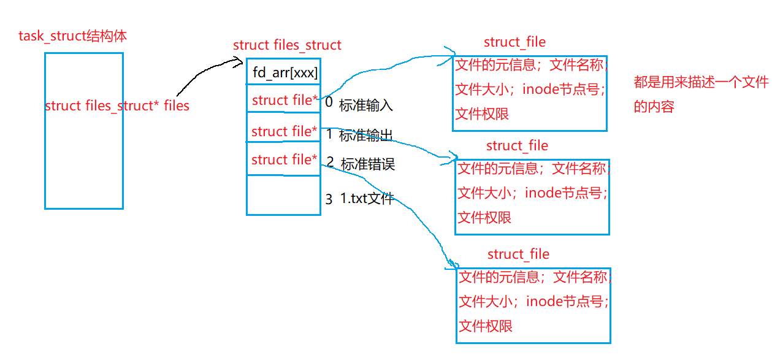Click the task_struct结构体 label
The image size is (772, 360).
(73, 36)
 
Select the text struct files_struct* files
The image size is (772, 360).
(117, 106)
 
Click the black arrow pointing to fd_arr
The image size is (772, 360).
(202, 77)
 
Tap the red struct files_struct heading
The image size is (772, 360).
(287, 45)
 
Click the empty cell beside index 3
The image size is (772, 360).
(283, 195)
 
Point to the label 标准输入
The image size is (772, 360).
(365, 105)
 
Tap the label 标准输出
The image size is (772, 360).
(365, 136)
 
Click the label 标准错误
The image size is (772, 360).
(367, 164)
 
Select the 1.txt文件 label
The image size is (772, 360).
(367, 199)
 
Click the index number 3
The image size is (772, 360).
(329, 199)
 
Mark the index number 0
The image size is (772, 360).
(329, 102)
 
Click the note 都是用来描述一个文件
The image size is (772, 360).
(701, 83)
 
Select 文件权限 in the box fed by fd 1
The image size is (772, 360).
(484, 217)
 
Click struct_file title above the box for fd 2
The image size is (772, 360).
(518, 254)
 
